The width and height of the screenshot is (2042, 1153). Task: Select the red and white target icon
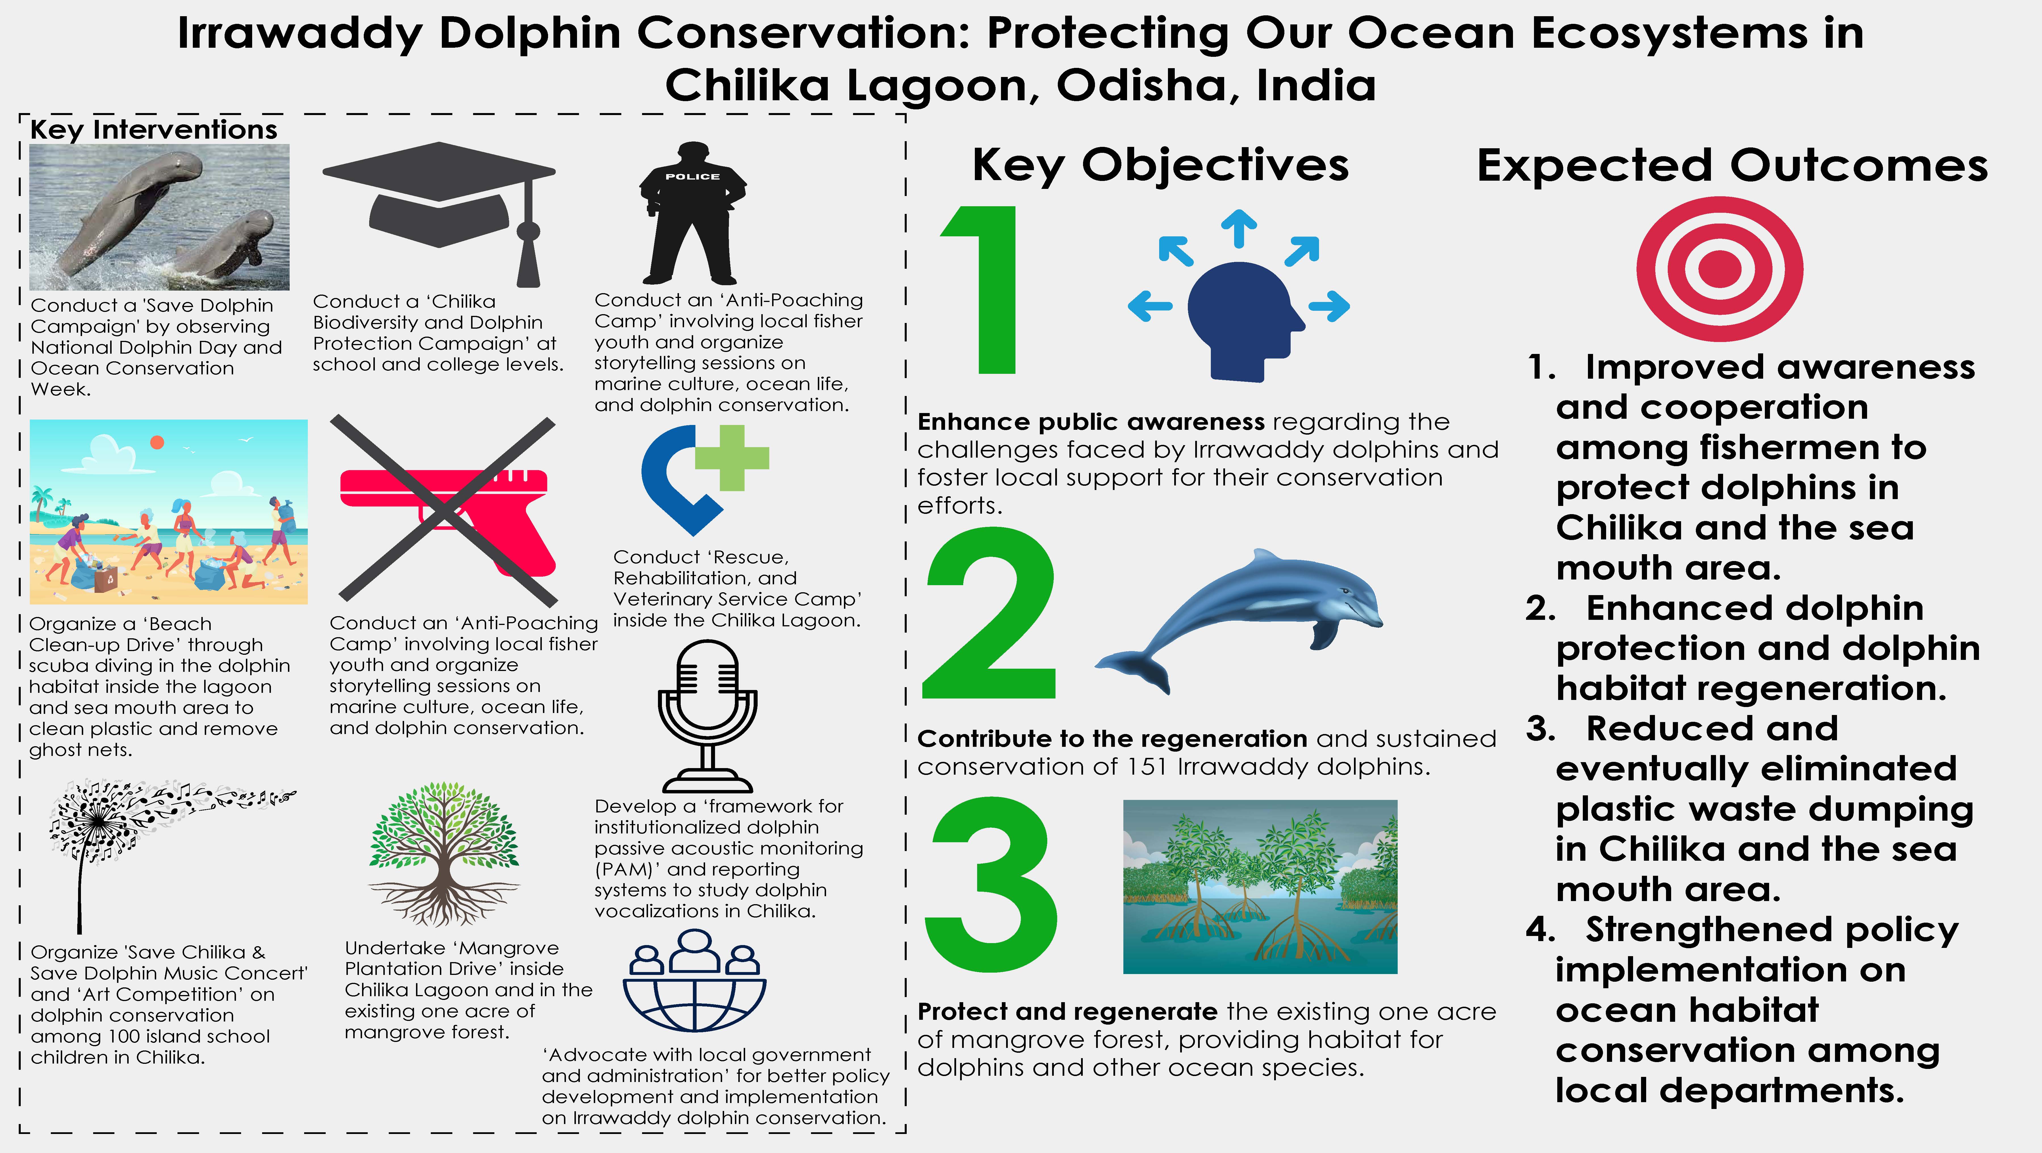(1719, 269)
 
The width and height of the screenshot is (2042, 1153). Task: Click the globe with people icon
(694, 980)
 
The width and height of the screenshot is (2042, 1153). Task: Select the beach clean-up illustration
(168, 512)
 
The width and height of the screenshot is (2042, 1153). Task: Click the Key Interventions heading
(154, 129)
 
